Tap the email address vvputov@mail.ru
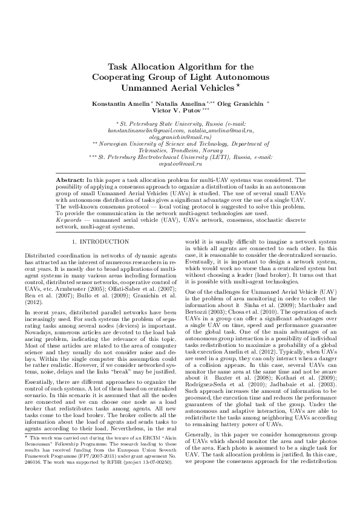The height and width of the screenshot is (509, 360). (x=180, y=164)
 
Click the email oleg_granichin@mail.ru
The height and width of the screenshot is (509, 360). (x=180, y=137)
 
